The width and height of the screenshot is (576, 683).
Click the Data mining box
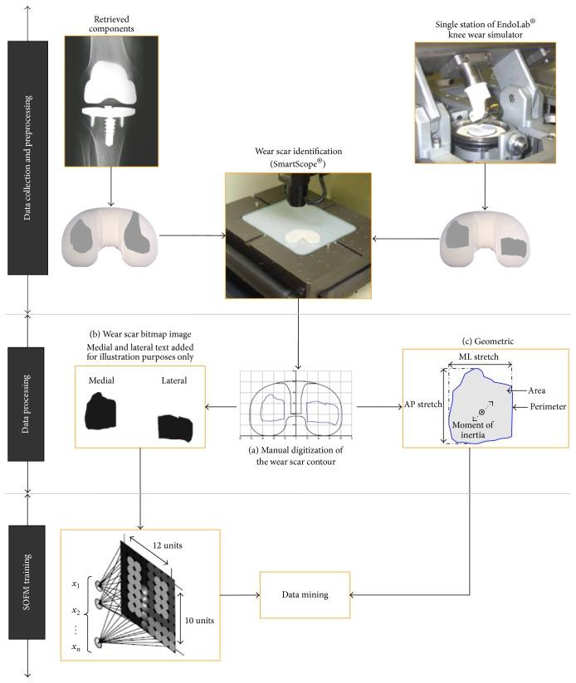click(x=305, y=594)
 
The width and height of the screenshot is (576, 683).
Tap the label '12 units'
click(x=167, y=545)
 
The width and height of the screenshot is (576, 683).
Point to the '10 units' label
click(x=199, y=620)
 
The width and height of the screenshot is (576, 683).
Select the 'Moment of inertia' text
click(x=472, y=429)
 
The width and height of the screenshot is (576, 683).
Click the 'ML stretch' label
click(x=478, y=356)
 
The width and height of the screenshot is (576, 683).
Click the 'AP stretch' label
click(x=422, y=404)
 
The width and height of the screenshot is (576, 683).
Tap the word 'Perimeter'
click(x=548, y=406)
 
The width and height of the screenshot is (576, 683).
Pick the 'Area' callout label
click(x=536, y=390)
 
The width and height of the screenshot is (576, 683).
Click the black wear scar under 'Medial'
click(x=101, y=411)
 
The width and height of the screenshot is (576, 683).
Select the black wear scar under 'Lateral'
click(x=175, y=429)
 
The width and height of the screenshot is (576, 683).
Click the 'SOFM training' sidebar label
click(x=27, y=582)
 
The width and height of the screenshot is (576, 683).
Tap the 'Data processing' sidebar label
click(x=26, y=404)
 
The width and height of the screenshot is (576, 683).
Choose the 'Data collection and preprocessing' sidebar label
click(x=27, y=157)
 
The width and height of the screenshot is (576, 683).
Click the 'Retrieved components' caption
click(x=111, y=24)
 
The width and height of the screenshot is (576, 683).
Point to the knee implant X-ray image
click(x=111, y=101)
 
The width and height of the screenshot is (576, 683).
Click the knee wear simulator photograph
click(x=486, y=103)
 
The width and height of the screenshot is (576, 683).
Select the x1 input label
click(x=76, y=584)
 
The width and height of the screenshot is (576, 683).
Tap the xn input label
click(x=76, y=647)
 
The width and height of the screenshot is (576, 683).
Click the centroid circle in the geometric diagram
click(x=482, y=412)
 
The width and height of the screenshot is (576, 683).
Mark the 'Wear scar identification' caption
click(x=298, y=157)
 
